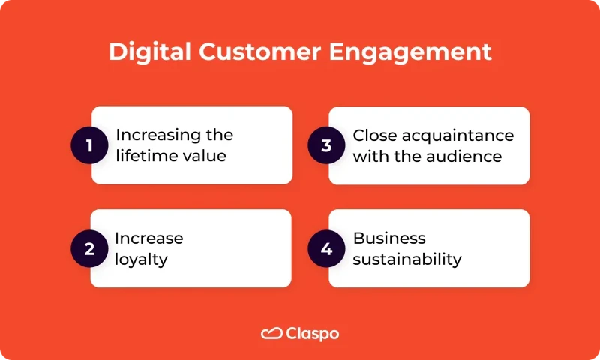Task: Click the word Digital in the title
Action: pyautogui.click(x=145, y=52)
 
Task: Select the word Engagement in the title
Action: pyautogui.click(x=414, y=52)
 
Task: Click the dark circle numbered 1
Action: pyautogui.click(x=89, y=145)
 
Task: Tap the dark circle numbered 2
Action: pyautogui.click(x=89, y=249)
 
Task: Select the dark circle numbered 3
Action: pyautogui.click(x=326, y=145)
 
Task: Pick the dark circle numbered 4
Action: pyautogui.click(x=326, y=249)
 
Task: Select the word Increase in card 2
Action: pyautogui.click(x=148, y=238)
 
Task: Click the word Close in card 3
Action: pyautogui.click(x=373, y=136)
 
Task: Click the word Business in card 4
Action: pyautogui.click(x=389, y=238)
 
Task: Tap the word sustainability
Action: pyautogui.click(x=407, y=260)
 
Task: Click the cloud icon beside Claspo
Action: pyautogui.click(x=271, y=334)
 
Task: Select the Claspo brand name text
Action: pyautogui.click(x=312, y=334)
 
